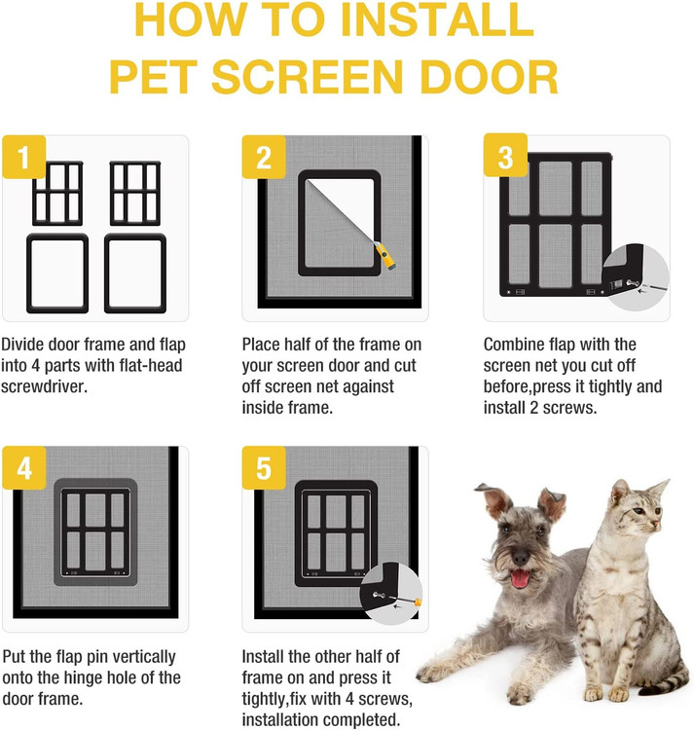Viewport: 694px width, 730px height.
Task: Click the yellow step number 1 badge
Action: tap(23, 157)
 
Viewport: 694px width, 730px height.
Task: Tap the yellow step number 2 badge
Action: tap(264, 157)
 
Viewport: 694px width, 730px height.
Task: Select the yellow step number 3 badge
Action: tap(505, 155)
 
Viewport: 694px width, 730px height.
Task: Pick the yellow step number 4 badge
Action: tap(24, 468)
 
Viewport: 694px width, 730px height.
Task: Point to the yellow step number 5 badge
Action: tap(264, 468)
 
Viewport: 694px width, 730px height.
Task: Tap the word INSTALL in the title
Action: tap(438, 20)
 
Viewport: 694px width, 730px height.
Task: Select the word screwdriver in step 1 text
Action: tap(44, 386)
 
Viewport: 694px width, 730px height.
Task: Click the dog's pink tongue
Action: tap(520, 578)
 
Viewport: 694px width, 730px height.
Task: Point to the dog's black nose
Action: tap(521, 557)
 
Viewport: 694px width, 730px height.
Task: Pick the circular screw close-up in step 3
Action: tap(636, 277)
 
